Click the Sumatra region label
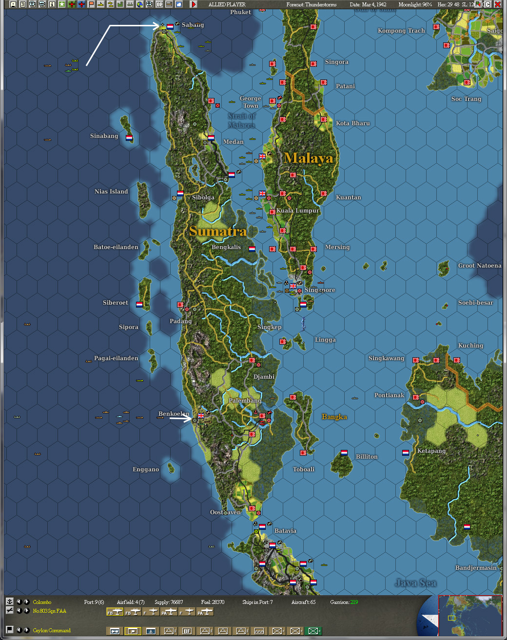point(217,231)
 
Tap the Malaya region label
point(309,158)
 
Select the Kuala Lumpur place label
point(298,211)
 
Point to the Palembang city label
point(245,401)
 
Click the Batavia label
point(285,531)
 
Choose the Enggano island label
point(146,469)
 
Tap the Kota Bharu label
point(352,123)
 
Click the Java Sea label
point(416,583)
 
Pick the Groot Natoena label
point(479,266)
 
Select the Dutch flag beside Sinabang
point(129,138)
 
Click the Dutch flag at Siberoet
point(139,305)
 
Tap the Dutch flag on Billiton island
point(344,453)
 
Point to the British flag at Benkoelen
point(201,416)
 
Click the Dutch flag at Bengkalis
point(252,249)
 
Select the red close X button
point(498,4)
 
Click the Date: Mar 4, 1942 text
point(368,4)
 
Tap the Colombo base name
point(42,602)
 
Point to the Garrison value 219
point(353,602)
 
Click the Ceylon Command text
point(52,630)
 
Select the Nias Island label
point(111,192)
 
